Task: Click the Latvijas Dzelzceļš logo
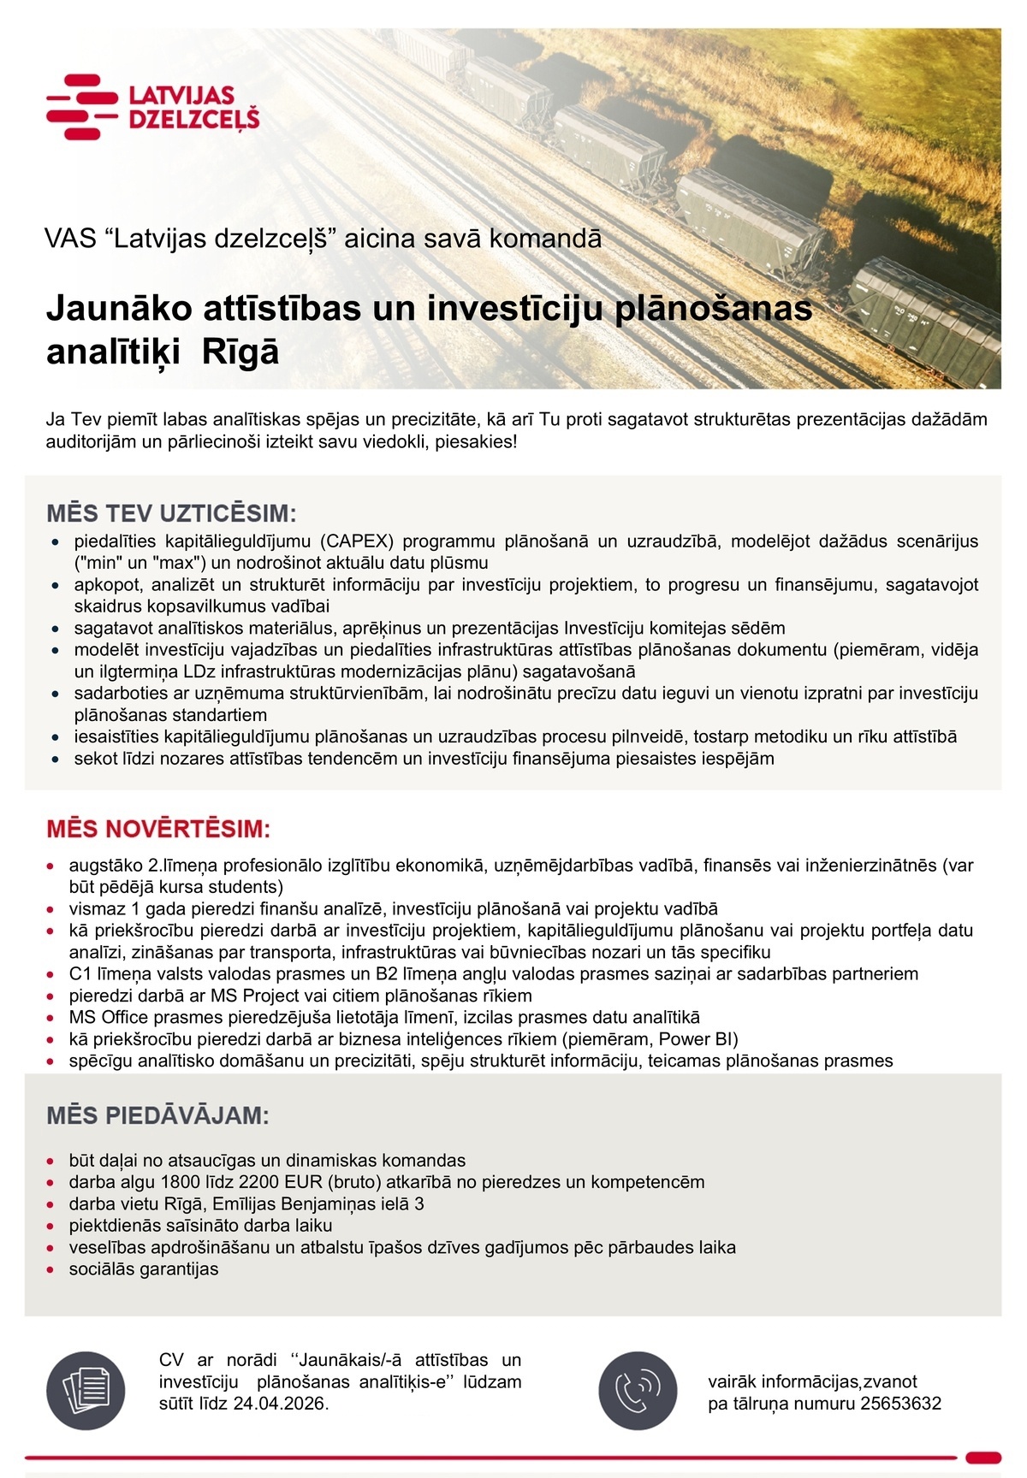152,107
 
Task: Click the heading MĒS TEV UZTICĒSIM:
171,514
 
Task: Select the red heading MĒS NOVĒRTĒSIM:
158,829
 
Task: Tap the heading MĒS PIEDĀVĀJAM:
157,1115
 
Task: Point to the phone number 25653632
901,1404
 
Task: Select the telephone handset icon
638,1391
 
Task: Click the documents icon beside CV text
86,1391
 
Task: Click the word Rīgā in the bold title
240,352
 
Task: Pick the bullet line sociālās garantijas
144,1269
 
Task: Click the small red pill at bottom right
982,1457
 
